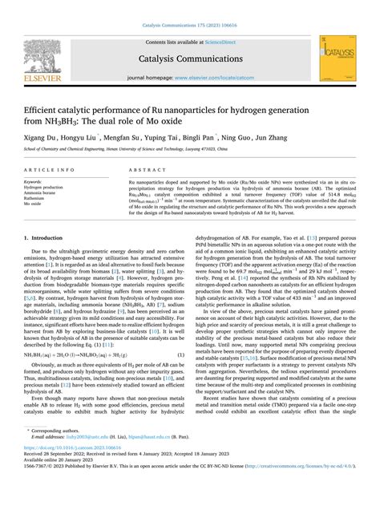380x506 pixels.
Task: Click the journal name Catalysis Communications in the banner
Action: click(x=189, y=59)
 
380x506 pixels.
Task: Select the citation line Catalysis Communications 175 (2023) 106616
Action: click(x=189, y=27)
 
